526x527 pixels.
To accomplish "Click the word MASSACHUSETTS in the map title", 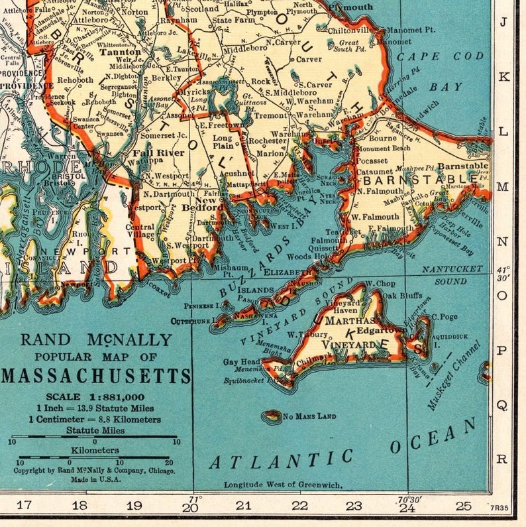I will coord(96,377).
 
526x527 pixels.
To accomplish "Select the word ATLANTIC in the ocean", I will coord(282,458).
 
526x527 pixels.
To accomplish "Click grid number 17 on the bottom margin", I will coord(25,506).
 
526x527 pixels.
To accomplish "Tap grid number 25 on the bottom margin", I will coord(463,506).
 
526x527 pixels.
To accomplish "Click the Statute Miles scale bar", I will coord(94,441).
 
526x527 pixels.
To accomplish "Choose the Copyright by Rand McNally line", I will coord(95,471).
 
